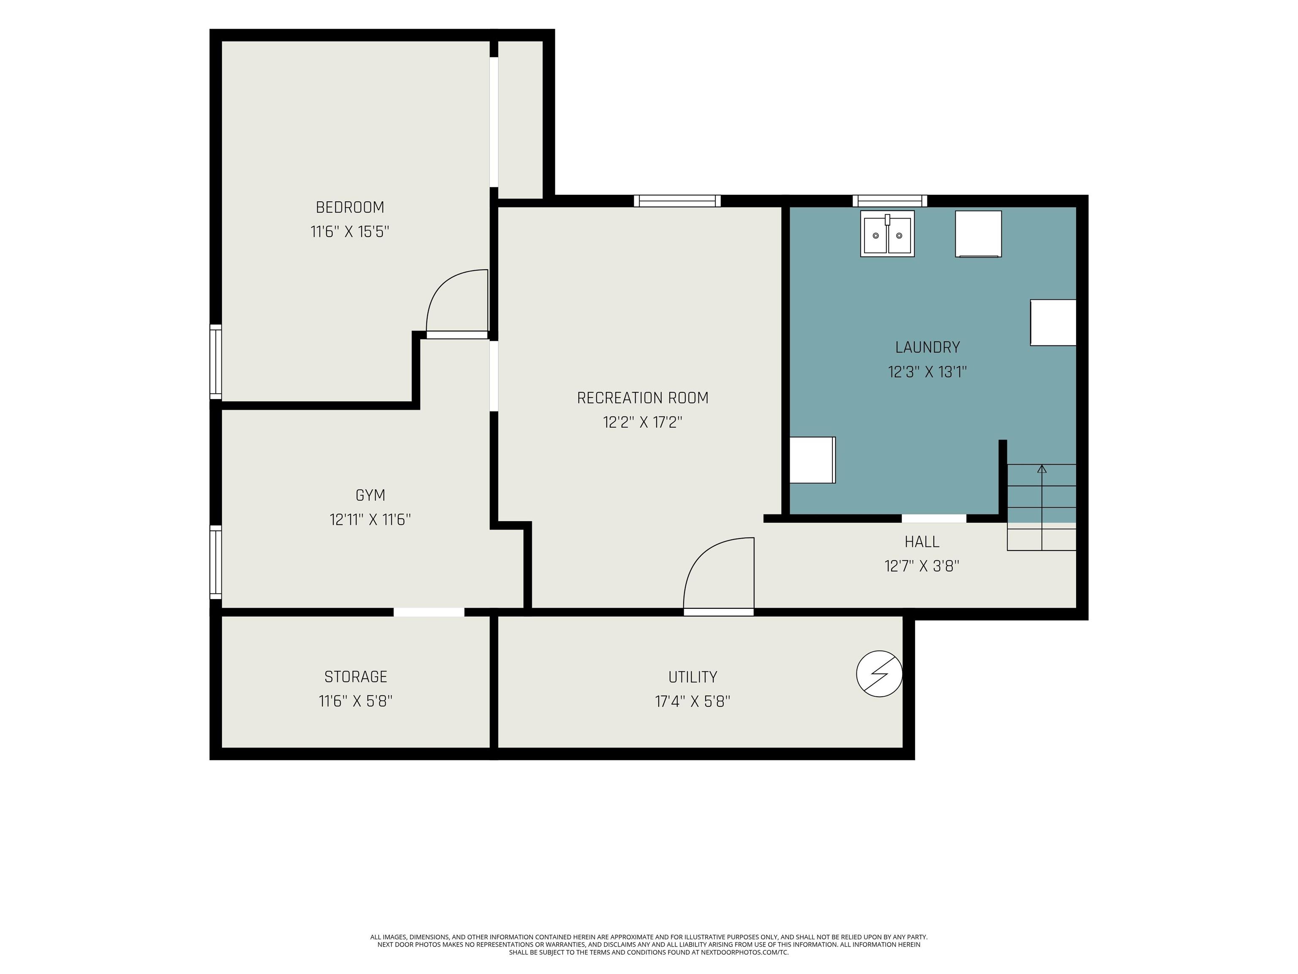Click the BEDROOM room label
click(x=350, y=207)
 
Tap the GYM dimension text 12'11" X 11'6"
click(x=370, y=520)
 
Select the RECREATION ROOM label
click(x=643, y=398)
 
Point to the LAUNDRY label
click(x=927, y=347)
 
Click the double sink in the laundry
click(x=887, y=234)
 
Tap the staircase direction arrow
click(x=1042, y=507)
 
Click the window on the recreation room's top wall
click(x=677, y=201)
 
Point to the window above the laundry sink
click(x=889, y=201)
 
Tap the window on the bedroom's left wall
click(x=216, y=361)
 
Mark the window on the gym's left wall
click(x=216, y=562)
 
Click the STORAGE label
click(x=356, y=677)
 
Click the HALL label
click(x=922, y=541)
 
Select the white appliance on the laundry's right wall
click(x=1053, y=322)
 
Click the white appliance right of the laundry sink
click(x=978, y=234)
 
